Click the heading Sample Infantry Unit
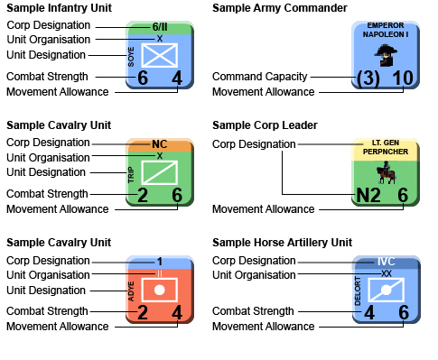point(59,8)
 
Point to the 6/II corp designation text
point(160,28)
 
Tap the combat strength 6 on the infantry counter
point(143,78)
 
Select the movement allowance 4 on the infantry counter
point(176,78)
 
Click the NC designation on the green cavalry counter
point(160,144)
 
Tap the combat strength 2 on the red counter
point(143,312)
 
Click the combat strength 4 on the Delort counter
point(368,312)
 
